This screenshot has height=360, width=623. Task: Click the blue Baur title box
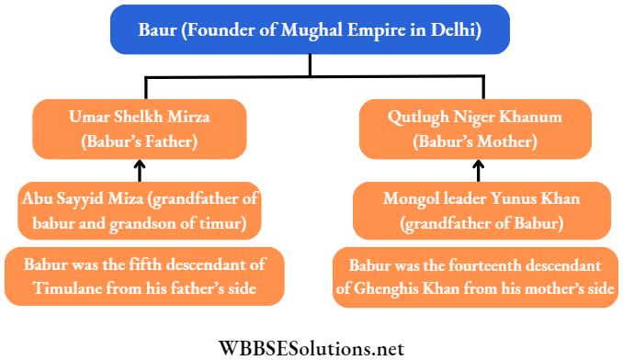point(310,28)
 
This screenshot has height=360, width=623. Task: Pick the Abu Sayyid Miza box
point(140,210)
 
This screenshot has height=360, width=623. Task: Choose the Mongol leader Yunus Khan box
point(475,210)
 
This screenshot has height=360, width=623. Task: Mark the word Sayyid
point(77,198)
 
